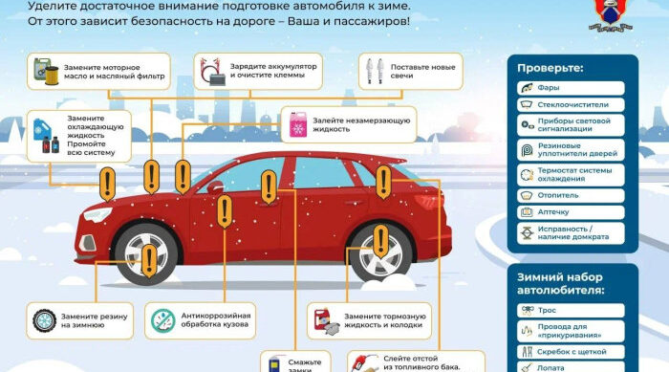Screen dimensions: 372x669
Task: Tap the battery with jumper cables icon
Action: pos(212,69)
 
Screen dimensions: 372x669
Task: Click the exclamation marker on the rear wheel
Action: pos(380,239)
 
